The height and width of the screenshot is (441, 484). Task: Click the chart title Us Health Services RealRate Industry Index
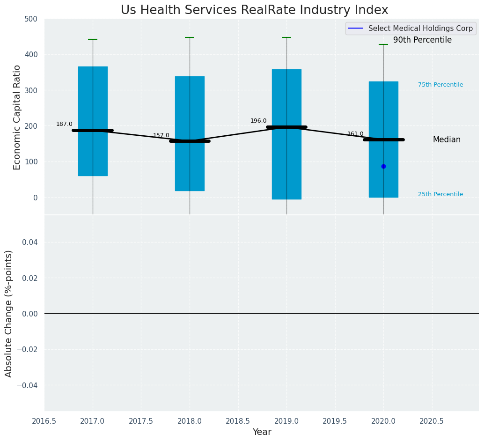[254, 10]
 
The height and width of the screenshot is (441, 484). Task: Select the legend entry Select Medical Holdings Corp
[420, 29]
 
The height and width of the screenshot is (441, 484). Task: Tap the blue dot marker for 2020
[383, 166]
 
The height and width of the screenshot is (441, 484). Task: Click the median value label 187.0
[64, 124]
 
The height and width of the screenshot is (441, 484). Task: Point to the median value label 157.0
[161, 135]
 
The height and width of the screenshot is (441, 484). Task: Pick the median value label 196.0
[258, 121]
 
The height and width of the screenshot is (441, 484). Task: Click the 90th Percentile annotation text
[422, 40]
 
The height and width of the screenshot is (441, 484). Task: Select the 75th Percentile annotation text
[440, 85]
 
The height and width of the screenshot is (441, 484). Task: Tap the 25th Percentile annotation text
[440, 194]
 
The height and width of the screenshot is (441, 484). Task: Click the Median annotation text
[446, 140]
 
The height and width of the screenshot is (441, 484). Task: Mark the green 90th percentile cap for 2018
[190, 37]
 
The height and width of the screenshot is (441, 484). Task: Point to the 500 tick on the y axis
[31, 19]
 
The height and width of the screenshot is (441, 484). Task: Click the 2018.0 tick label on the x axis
[190, 421]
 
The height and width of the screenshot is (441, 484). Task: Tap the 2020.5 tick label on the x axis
[432, 421]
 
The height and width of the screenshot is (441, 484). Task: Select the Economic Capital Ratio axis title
[17, 117]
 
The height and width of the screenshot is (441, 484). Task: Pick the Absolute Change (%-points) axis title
[9, 313]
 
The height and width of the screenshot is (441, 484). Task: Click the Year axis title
[262, 432]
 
